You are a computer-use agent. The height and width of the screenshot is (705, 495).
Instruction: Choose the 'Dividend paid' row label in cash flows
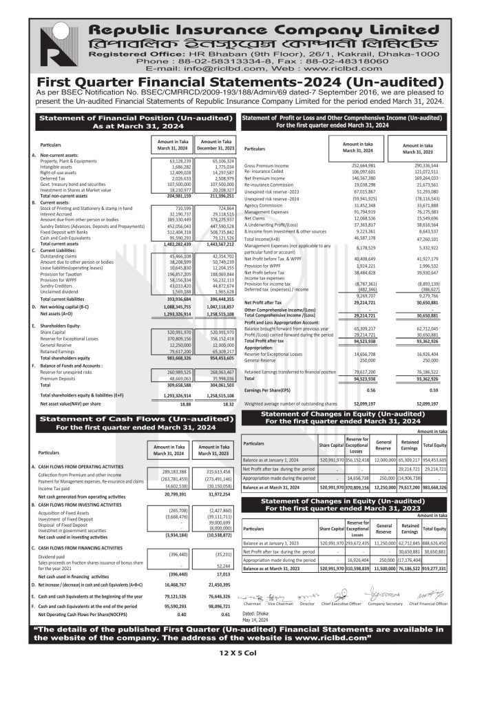(x=56, y=554)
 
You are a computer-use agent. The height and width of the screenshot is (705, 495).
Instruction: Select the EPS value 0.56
(x=370, y=390)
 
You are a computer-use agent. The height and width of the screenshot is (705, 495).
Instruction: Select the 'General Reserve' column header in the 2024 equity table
(x=384, y=443)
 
